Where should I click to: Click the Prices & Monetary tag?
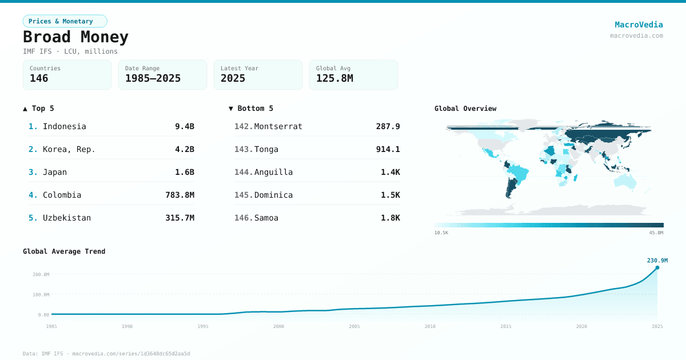65,21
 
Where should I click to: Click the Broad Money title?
75,37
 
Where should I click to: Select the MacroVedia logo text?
639,25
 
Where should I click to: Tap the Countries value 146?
39,78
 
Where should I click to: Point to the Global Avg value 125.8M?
334,78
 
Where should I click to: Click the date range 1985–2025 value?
153,78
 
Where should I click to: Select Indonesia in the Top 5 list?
64,126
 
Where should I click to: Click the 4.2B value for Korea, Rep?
184,149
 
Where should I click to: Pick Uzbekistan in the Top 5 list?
66,218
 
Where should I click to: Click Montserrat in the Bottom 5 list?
278,126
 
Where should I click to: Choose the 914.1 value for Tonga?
388,149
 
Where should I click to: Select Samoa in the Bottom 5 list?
266,218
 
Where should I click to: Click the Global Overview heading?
465,109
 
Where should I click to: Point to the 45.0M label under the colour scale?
656,233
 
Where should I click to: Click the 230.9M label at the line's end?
657,261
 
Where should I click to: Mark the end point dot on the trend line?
657,267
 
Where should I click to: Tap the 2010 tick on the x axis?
430,326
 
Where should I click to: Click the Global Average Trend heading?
64,251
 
